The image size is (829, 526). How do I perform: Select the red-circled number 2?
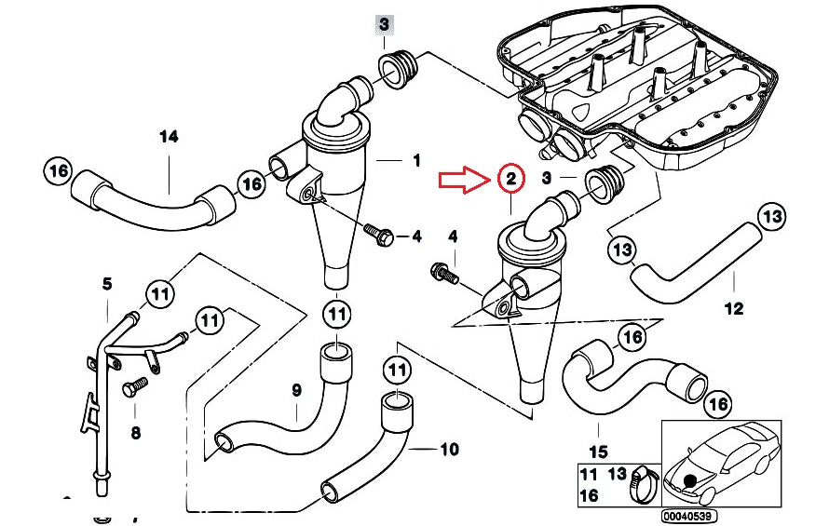point(510,178)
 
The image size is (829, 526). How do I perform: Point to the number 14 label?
point(168,137)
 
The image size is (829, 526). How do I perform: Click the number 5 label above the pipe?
point(106,283)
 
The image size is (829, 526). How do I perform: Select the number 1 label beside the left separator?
point(416,159)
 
